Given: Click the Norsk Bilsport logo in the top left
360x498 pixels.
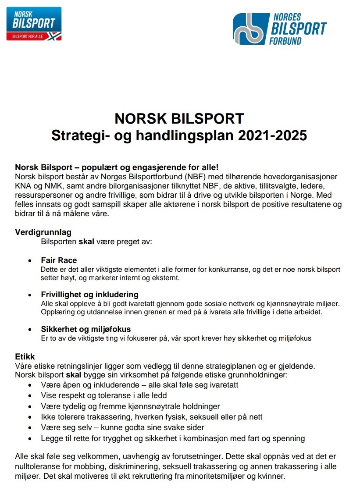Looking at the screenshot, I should (x=34, y=24).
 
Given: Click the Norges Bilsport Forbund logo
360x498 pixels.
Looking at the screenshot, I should (x=279, y=29).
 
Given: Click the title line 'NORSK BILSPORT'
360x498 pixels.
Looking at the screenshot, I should (x=179, y=119).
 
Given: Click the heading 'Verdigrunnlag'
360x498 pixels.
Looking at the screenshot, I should (x=43, y=232).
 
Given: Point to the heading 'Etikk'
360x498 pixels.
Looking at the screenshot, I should (x=25, y=357).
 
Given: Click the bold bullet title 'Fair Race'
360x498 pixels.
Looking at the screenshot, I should (x=59, y=260).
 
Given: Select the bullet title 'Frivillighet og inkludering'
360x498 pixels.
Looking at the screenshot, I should (x=89, y=295).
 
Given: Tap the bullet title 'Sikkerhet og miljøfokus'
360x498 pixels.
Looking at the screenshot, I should (x=86, y=329).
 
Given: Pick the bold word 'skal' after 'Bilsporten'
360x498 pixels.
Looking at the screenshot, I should (x=86, y=241).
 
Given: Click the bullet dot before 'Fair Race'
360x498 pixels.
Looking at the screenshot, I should (x=30, y=261).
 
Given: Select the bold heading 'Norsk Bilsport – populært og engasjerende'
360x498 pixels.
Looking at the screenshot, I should (x=116, y=167).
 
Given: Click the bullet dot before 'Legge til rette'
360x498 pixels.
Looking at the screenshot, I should (x=30, y=438).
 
